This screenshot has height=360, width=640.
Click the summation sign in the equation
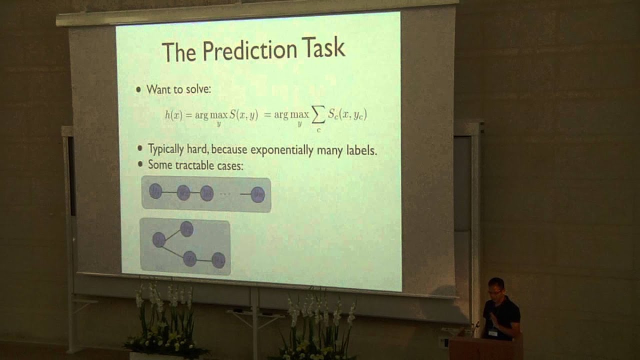click(x=317, y=115)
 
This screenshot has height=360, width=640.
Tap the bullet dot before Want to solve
click(x=139, y=90)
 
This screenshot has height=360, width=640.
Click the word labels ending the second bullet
click(x=360, y=150)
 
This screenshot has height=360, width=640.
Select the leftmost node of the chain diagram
click(x=155, y=190)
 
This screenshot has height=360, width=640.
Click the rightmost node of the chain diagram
click(x=257, y=194)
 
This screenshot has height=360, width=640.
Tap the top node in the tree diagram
click(x=186, y=229)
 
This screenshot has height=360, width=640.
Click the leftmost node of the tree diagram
click(x=158, y=239)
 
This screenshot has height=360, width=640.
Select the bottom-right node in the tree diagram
click(x=218, y=260)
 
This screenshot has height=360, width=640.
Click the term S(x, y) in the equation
click(x=243, y=114)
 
